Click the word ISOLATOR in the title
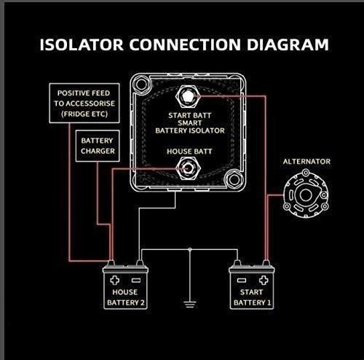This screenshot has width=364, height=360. click(82, 44)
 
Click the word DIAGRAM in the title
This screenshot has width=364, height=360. click(288, 44)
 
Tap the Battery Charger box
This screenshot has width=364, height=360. click(98, 146)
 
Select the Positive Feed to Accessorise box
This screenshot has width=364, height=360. click(84, 103)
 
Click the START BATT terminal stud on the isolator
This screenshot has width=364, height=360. click(188, 96)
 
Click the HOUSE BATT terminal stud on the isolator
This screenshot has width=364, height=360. click(188, 168)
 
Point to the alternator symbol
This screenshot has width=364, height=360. click(306, 195)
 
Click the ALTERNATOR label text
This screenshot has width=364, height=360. click(306, 162)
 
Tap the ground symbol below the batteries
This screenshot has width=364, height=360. click(190, 305)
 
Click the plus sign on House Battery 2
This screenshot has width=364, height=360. click(115, 280)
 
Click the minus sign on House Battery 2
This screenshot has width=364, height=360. click(136, 281)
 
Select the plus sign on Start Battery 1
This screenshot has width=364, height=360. click(264, 280)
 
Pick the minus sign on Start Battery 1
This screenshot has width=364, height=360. click(242, 281)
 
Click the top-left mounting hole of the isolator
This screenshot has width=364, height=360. click(141, 84)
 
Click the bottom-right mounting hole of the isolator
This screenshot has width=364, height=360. click(234, 180)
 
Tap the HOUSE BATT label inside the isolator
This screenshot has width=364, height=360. click(189, 152)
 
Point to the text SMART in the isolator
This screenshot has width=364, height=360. click(189, 123)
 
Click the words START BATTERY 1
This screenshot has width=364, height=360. click(252, 297)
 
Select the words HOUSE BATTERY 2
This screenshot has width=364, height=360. click(125, 297)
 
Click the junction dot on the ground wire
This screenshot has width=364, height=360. click(190, 249)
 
